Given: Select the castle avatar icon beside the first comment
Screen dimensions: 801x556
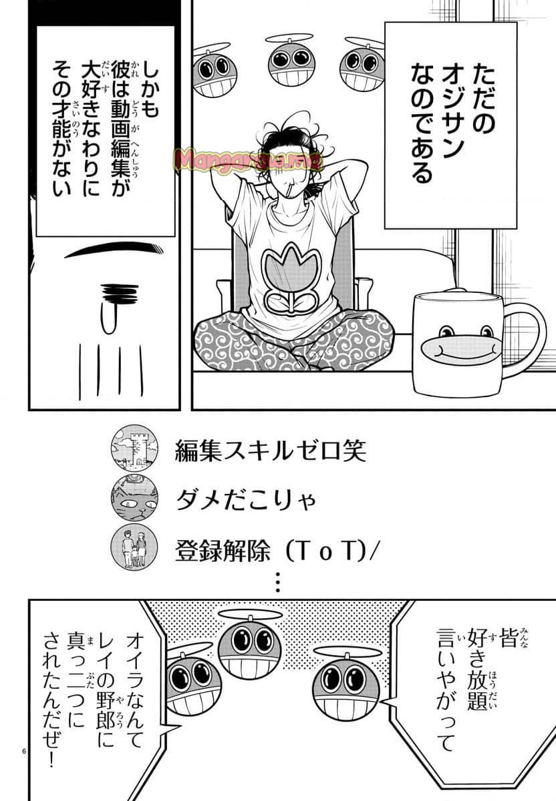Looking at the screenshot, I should [134, 448].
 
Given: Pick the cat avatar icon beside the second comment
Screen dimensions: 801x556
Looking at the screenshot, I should [134, 498].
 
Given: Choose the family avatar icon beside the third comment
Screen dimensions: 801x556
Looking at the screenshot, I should [134, 546].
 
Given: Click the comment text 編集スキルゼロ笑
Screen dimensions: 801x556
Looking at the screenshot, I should [271, 451].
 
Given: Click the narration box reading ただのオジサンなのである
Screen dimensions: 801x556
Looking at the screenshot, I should [450, 123].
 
